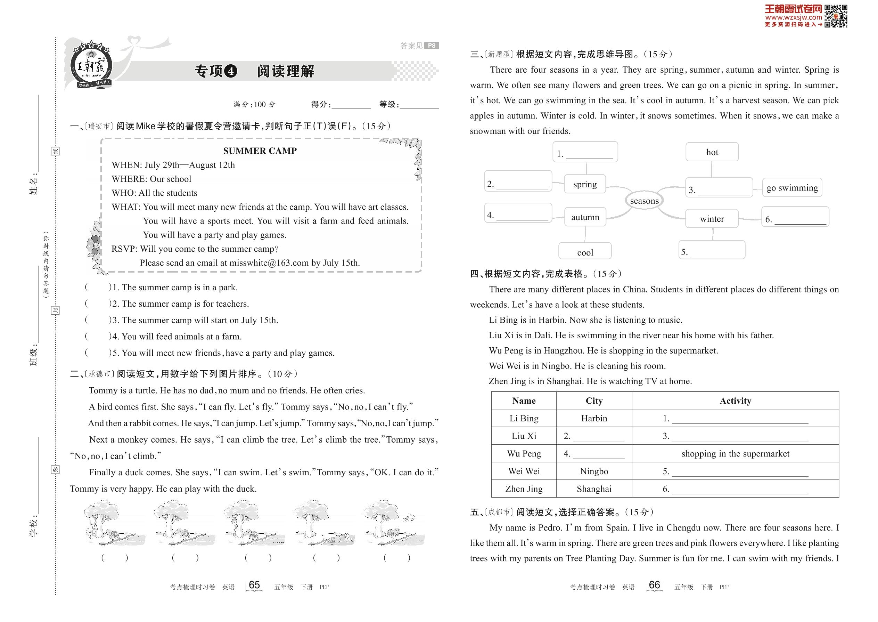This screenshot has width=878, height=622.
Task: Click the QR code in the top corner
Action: tap(836, 16)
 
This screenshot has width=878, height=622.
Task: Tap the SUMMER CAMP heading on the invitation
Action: tap(260, 151)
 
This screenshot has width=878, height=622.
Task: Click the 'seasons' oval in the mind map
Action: tap(644, 201)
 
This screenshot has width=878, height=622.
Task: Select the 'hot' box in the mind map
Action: tap(712, 152)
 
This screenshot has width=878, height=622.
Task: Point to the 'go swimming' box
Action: tap(792, 188)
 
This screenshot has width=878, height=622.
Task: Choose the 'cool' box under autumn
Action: tap(585, 252)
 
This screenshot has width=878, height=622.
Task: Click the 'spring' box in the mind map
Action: tap(585, 184)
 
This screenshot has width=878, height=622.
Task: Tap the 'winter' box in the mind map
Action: tap(712, 219)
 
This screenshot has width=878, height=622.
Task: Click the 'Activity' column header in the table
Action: tap(735, 401)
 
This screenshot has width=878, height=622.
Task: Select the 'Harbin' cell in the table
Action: tap(594, 418)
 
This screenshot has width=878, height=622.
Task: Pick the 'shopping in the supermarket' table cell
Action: tap(735, 453)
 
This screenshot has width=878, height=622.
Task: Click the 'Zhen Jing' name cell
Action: tap(524, 489)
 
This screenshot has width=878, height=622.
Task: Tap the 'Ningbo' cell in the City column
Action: tap(594, 471)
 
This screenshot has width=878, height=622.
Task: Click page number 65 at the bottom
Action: tap(254, 585)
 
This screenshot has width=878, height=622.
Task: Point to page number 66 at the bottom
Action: tap(655, 585)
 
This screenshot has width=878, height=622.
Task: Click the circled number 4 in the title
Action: tap(230, 71)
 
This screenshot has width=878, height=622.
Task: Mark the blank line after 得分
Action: tap(351, 105)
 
